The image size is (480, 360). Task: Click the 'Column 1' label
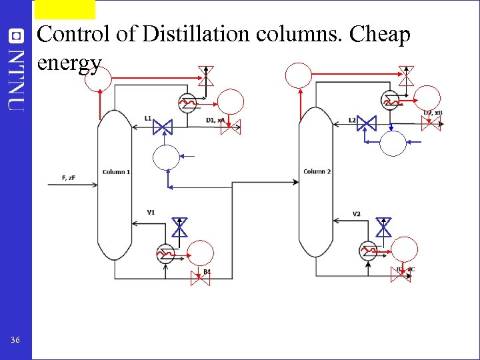pos(116,172)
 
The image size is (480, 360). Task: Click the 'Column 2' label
pos(317,172)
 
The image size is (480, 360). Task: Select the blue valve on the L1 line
pos(162,125)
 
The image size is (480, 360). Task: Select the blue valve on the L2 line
pos(366,123)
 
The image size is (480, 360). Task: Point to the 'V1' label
pos(151,213)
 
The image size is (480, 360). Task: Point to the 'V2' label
pos(356,214)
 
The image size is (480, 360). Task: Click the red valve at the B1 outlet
pos(200,278)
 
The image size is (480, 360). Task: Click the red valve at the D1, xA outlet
pos(231,127)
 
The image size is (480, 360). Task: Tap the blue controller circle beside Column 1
pos(166,158)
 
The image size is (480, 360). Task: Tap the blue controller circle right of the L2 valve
pos(393,143)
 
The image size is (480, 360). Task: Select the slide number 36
pos(15,341)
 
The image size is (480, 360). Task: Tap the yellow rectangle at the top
pos(65,9)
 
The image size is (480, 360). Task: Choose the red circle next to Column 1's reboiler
pos(201,253)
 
